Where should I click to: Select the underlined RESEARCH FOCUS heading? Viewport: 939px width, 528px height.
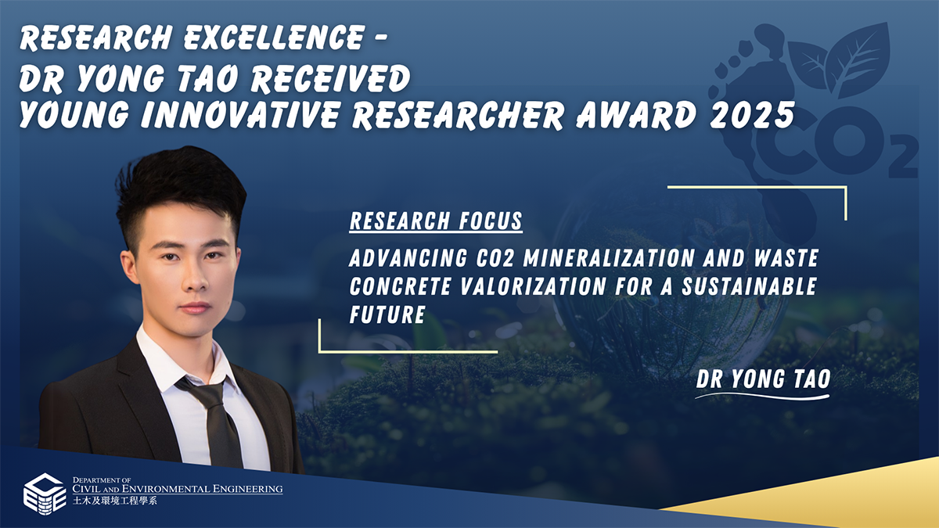[x=436, y=221]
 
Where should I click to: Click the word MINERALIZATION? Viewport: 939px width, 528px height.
[x=590, y=257]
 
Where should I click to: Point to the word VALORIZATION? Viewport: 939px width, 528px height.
[x=517, y=286]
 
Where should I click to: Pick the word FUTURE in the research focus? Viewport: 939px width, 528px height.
[x=387, y=314]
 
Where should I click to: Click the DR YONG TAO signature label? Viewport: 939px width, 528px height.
[x=762, y=379]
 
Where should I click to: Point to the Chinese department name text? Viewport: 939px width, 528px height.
[x=114, y=501]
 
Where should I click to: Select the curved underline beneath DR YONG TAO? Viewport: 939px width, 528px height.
[x=762, y=397]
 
